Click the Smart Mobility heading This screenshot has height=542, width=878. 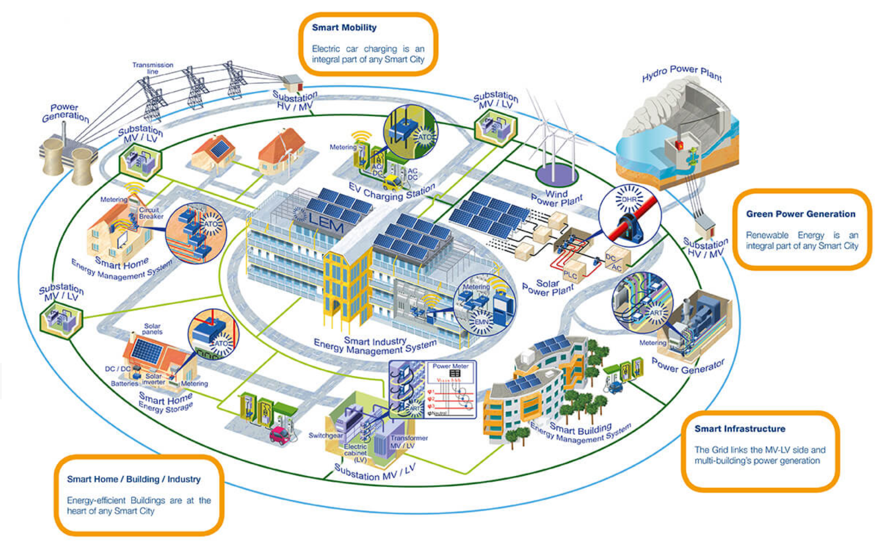pyautogui.click(x=344, y=28)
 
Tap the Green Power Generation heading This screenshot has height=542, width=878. pyautogui.click(x=800, y=214)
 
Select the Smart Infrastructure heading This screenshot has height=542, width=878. pyautogui.click(x=740, y=429)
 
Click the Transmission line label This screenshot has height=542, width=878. pyautogui.click(x=153, y=68)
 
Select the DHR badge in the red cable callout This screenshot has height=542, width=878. pyautogui.click(x=629, y=200)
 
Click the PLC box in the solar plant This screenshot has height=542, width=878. pyautogui.click(x=570, y=275)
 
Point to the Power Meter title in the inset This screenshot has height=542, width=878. pyautogui.click(x=450, y=366)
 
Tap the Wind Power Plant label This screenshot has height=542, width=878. pyautogui.click(x=557, y=197)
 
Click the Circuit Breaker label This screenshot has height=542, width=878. pyautogui.click(x=150, y=213)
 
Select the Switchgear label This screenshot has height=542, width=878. pyautogui.click(x=325, y=436)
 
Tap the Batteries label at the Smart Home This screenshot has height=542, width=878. pyautogui.click(x=124, y=384)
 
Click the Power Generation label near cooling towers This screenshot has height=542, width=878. pyautogui.click(x=65, y=113)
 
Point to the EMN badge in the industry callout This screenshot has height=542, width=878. pyautogui.click(x=481, y=322)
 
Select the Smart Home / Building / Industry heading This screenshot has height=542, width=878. pyautogui.click(x=133, y=479)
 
